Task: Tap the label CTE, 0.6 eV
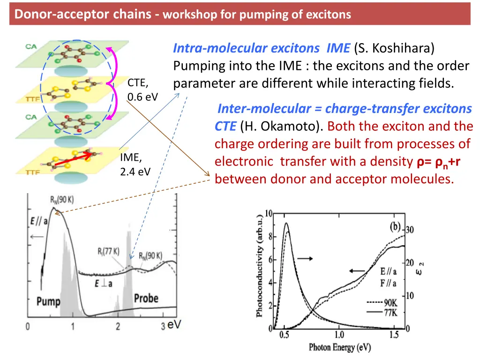[142, 90]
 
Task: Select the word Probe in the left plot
[146, 298]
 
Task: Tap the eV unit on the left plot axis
[174, 324]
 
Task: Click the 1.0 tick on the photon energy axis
[339, 335]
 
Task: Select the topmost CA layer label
[32, 47]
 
